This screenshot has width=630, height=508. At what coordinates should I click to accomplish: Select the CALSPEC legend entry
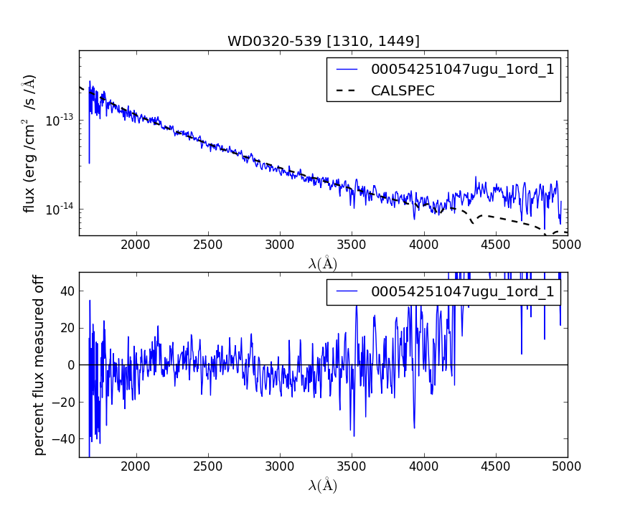click(x=403, y=90)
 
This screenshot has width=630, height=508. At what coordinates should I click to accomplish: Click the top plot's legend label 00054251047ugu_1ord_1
click(x=462, y=70)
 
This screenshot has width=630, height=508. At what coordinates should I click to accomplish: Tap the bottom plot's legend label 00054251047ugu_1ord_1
click(x=462, y=291)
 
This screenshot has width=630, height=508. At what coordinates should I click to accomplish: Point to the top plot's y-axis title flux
click(x=29, y=143)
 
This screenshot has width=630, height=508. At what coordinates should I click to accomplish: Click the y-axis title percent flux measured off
click(x=39, y=364)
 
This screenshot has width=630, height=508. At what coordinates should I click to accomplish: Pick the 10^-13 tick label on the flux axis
click(x=60, y=120)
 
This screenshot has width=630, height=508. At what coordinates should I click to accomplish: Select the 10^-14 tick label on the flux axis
click(x=60, y=210)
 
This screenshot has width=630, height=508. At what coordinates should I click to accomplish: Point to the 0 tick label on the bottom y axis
click(x=70, y=364)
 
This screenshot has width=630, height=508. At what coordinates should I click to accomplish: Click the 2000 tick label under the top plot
click(x=136, y=245)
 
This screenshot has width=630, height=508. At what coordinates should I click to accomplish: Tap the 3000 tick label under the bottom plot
click(x=280, y=466)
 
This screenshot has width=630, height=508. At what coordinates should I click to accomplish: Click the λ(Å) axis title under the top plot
click(x=323, y=263)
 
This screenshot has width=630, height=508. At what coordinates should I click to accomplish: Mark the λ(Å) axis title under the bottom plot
click(x=323, y=486)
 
